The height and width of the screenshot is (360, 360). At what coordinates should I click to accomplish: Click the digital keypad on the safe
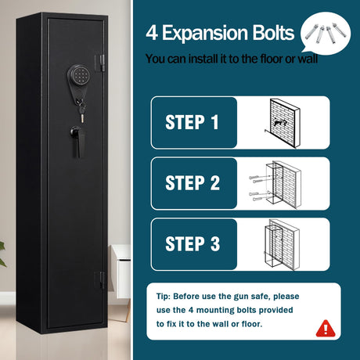(79, 76)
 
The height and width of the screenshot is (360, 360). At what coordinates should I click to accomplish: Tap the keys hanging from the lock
(82, 111)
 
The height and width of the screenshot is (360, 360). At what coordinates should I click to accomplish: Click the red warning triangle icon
(326, 329)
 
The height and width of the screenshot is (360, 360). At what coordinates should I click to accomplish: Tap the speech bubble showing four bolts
(326, 33)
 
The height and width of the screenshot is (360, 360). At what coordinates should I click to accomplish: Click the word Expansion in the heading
(205, 33)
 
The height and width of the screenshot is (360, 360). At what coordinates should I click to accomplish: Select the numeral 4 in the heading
(152, 33)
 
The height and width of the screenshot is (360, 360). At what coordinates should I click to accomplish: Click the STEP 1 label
(192, 122)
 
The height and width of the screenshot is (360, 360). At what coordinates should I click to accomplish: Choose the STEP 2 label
(193, 182)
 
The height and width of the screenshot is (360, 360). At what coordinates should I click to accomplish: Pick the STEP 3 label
(193, 243)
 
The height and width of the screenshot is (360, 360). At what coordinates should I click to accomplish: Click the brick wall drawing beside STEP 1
(283, 123)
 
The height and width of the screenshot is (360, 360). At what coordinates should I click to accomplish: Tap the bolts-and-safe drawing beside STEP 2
(275, 185)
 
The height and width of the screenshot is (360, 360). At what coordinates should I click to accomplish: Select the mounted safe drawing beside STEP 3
(283, 245)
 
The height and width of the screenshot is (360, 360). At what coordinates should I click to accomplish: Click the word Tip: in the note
(163, 297)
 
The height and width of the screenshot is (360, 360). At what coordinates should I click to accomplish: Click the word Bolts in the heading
(273, 33)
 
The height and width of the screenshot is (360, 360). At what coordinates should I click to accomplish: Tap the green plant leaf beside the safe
(2, 254)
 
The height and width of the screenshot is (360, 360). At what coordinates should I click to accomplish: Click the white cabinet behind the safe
(120, 272)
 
